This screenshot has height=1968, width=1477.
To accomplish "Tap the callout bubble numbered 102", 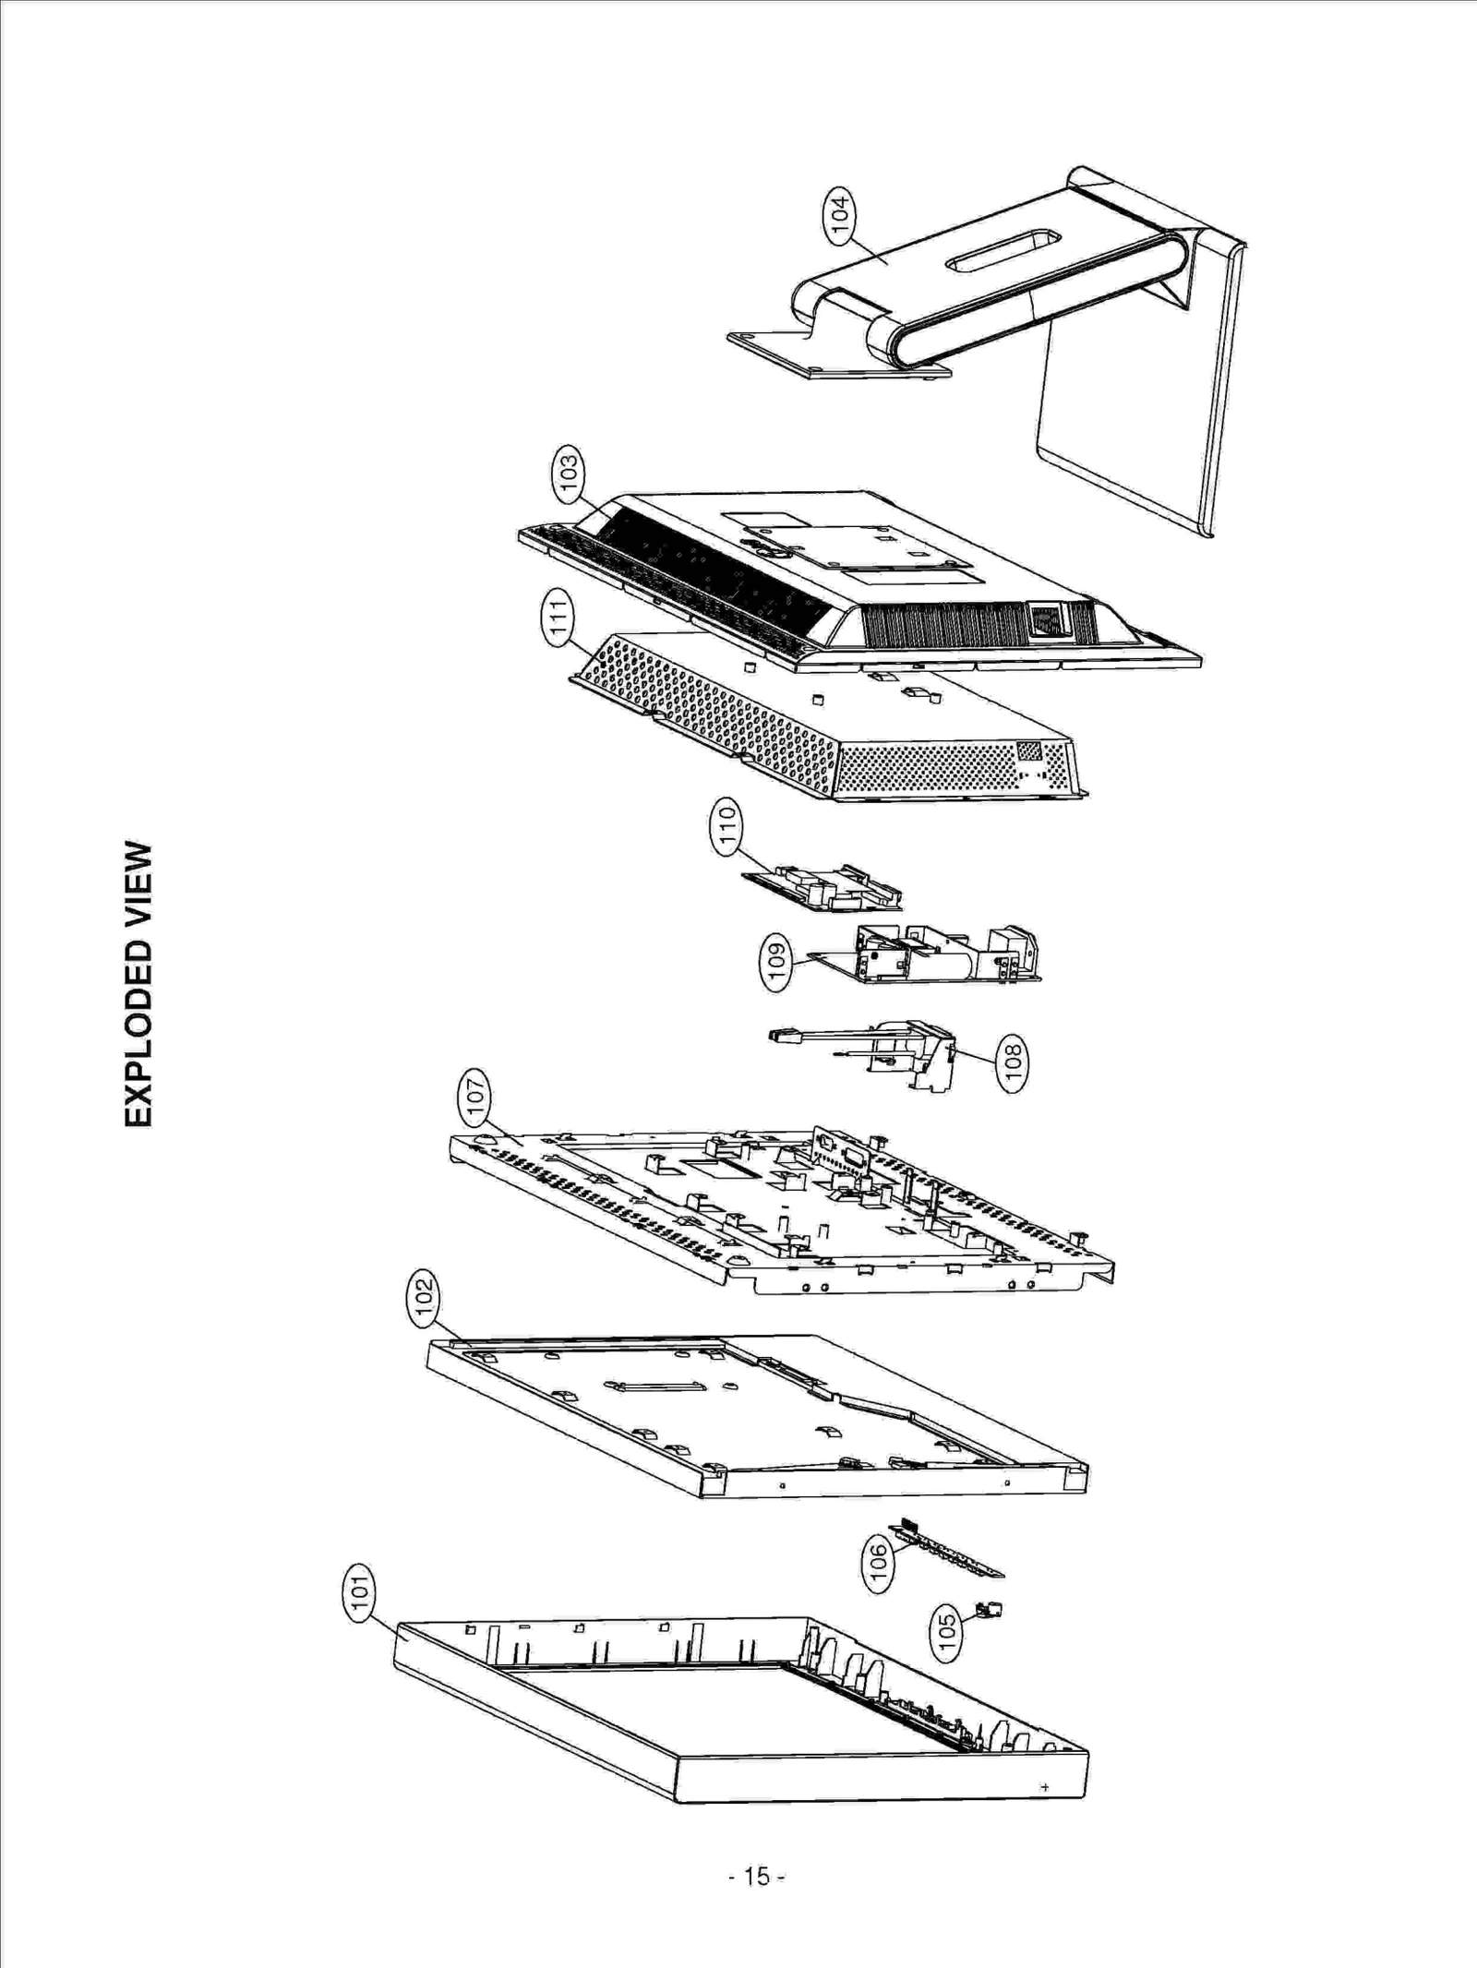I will tap(424, 1299).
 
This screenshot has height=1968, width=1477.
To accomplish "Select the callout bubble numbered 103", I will tap(569, 474).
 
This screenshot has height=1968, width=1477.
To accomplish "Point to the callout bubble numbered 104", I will tap(839, 216).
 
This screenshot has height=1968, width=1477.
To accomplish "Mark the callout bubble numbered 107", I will tap(475, 1098).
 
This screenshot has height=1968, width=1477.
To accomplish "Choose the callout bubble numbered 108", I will tap(1013, 1063).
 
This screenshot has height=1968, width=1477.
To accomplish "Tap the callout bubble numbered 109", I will tap(776, 962).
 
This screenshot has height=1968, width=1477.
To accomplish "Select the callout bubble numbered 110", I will tap(727, 826).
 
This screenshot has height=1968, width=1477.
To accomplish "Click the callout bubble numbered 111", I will tap(557, 618).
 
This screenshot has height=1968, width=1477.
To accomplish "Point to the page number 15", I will tap(756, 1876).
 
